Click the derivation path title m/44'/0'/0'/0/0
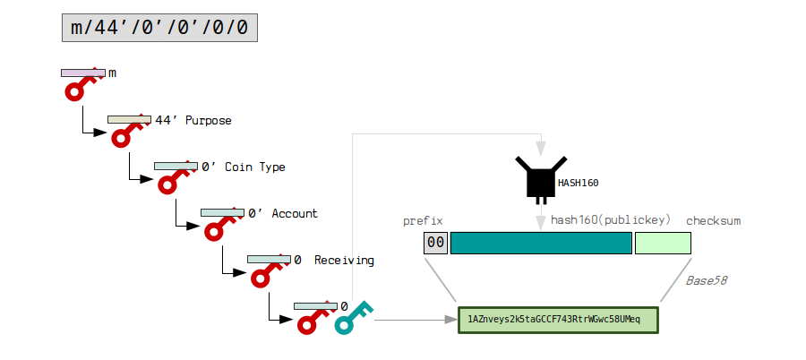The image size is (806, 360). (x=159, y=29)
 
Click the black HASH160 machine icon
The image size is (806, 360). (x=539, y=177)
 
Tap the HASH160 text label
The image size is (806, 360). (x=578, y=183)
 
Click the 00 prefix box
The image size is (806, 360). (x=435, y=243)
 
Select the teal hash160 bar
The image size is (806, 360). (x=541, y=243)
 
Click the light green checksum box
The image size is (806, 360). (x=663, y=243)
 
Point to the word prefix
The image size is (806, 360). (x=423, y=220)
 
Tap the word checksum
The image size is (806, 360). (x=713, y=220)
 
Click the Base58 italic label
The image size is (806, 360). (x=706, y=280)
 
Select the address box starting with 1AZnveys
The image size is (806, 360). (x=558, y=320)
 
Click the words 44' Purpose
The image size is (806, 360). (x=193, y=120)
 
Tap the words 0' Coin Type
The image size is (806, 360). (x=244, y=167)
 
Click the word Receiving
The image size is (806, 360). (x=344, y=260)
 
